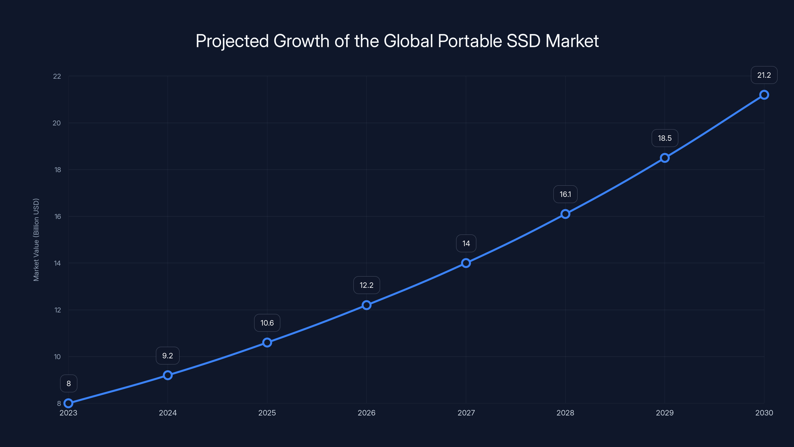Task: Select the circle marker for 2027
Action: click(x=466, y=263)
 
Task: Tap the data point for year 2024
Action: click(x=168, y=375)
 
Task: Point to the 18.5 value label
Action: click(x=664, y=138)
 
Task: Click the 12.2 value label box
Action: click(x=366, y=285)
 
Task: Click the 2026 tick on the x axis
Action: click(x=366, y=413)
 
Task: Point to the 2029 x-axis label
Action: click(x=664, y=413)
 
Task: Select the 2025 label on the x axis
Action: click(x=267, y=413)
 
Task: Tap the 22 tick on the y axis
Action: click(x=57, y=76)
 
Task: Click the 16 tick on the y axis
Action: click(x=58, y=216)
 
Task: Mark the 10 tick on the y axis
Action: click(x=57, y=357)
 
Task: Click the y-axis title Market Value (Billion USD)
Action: click(x=36, y=240)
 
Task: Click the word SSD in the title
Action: click(x=523, y=41)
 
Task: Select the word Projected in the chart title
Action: click(x=232, y=41)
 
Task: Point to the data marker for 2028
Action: click(x=565, y=214)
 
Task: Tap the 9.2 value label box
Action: click(x=168, y=355)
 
